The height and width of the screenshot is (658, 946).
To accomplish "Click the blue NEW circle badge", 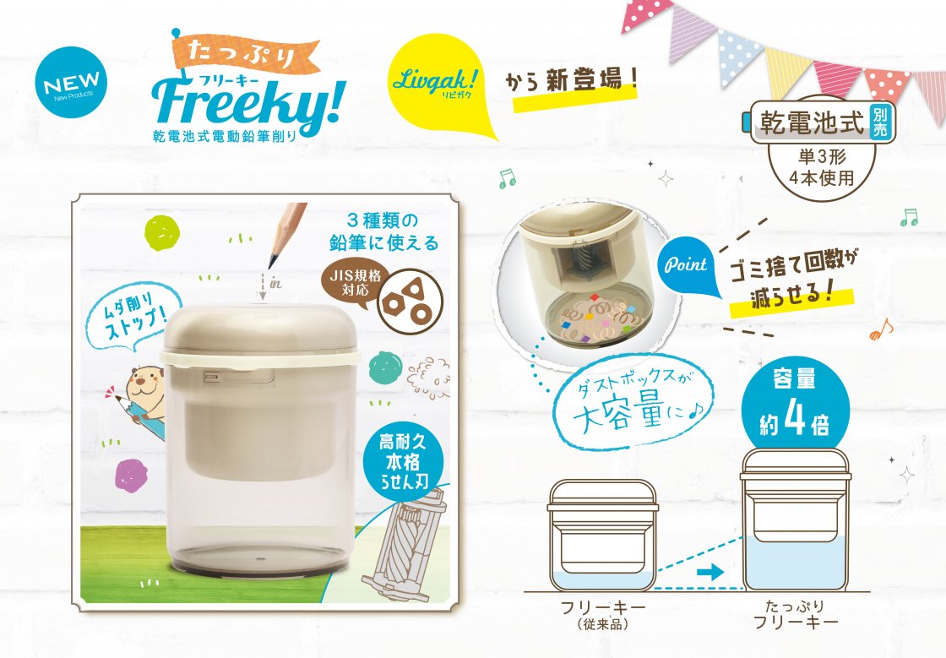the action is (72, 81).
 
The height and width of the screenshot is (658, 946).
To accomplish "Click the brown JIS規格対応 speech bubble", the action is (360, 283).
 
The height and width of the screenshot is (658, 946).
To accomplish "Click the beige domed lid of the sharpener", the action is (261, 329).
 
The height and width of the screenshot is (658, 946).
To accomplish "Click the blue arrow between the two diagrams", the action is (709, 571).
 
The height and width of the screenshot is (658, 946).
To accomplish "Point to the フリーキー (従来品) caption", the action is (603, 615).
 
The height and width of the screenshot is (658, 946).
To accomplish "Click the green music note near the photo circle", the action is (507, 178).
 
